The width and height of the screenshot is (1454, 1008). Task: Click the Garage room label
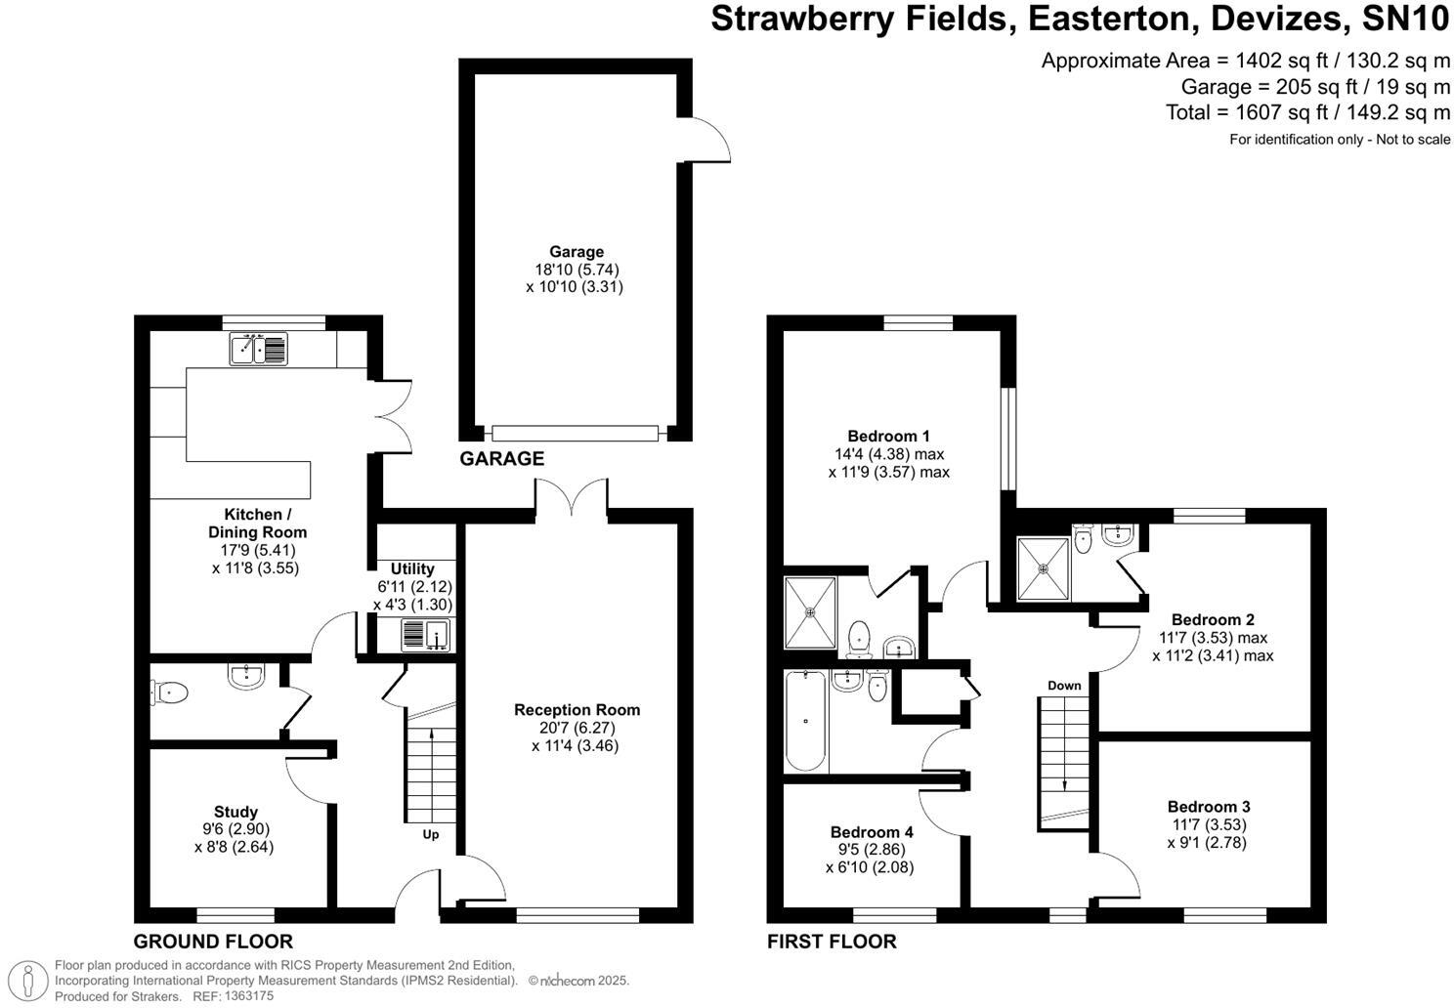pos(576,252)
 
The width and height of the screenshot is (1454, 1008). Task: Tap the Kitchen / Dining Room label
pos(257,524)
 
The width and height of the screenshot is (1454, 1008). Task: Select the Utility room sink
pos(424,635)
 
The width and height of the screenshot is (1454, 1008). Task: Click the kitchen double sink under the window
pos(259,349)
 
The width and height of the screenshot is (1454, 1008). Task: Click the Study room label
pos(235,812)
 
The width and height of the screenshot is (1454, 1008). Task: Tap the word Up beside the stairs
pos(431,834)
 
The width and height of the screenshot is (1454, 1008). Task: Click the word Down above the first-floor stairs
pos(1064,686)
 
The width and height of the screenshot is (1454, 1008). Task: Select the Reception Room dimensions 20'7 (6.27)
pos(577,728)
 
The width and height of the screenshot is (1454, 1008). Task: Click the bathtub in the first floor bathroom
pos(806,721)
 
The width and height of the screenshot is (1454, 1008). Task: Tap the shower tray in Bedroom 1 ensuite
pos(810,613)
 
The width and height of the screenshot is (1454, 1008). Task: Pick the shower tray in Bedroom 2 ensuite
pos(1043,568)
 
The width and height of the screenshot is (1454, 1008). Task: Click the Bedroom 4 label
pos(872,832)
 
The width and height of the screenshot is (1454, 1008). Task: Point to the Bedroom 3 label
pos(1209,807)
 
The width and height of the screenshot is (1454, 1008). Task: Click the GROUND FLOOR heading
pos(213,943)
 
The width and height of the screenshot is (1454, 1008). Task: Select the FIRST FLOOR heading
pos(832,943)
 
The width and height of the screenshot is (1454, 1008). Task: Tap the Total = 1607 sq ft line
pos(1307,112)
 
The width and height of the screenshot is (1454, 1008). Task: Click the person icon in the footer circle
pos(32,978)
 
